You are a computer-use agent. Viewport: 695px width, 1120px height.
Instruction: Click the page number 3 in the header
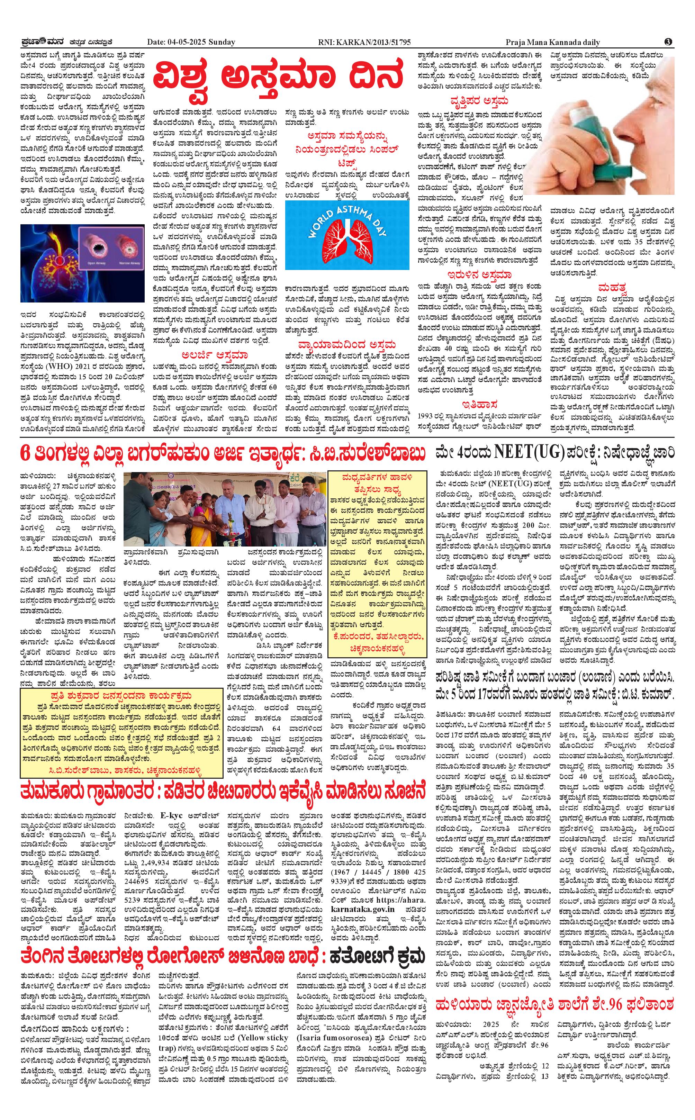point(668,42)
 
